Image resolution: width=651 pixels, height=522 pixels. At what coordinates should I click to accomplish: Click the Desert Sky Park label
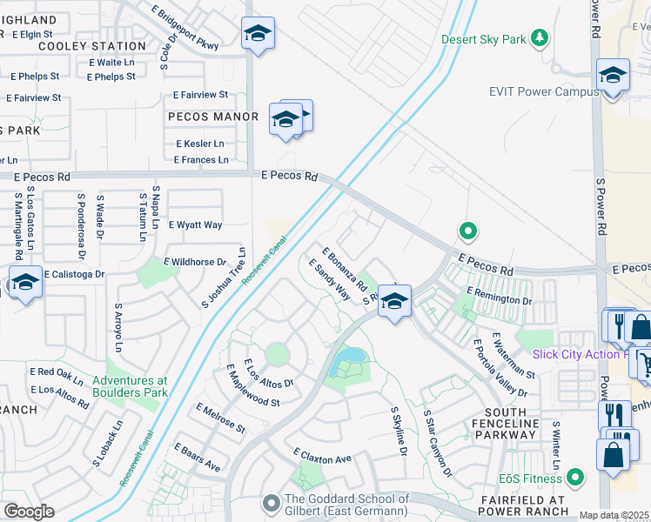[484, 39]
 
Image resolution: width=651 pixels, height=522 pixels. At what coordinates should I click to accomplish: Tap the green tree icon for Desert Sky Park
[540, 38]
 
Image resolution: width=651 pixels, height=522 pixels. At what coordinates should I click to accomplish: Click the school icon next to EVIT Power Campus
[613, 77]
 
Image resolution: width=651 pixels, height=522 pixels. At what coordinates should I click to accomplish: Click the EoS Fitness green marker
[575, 477]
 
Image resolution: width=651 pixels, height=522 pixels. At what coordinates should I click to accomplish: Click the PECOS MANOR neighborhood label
[213, 117]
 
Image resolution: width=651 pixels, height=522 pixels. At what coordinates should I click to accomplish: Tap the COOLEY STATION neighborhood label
[92, 46]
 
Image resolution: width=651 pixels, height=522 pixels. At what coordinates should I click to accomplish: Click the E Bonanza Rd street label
[344, 269]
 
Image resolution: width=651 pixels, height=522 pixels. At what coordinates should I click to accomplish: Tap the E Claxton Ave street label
[321, 456]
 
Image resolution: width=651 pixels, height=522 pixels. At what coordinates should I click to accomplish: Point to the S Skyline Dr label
[399, 432]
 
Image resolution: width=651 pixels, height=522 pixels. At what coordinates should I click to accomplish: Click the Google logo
[29, 512]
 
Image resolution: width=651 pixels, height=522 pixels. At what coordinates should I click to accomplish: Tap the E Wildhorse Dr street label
[195, 261]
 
